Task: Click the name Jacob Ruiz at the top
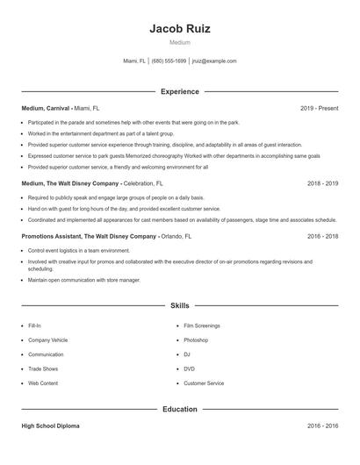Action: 180,28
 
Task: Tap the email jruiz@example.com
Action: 214,61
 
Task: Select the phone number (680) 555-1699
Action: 169,61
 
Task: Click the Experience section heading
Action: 180,91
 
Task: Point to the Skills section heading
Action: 180,306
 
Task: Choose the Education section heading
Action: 180,409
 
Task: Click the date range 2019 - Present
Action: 319,108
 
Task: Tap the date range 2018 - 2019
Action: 322,184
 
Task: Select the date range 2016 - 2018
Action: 322,237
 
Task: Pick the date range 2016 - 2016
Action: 322,426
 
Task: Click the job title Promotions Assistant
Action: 54,237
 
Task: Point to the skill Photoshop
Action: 197,340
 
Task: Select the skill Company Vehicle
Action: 48,340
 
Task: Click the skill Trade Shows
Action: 43,368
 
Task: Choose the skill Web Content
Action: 43,383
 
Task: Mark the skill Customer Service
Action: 204,383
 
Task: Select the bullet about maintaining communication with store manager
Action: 83,280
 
